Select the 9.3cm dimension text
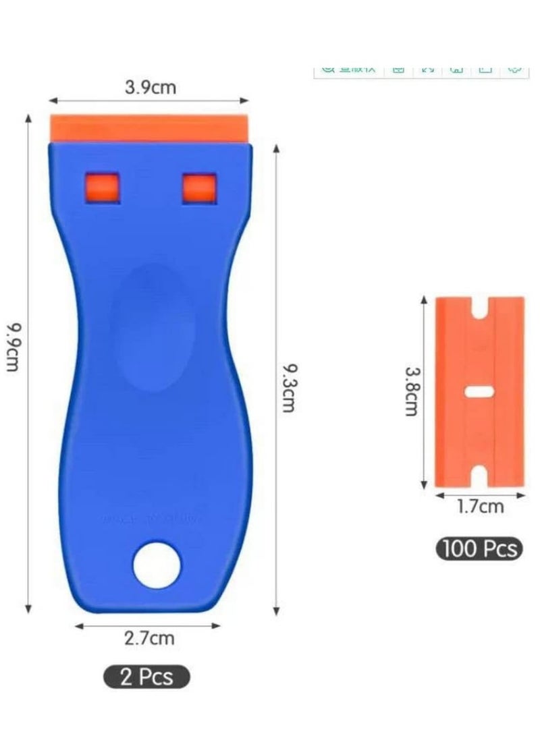[x=289, y=388]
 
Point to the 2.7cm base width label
[x=148, y=638]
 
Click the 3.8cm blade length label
[x=411, y=391]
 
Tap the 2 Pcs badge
[x=146, y=676]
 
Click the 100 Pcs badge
[x=479, y=548]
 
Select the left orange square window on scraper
[x=102, y=187]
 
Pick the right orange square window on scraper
[x=200, y=188]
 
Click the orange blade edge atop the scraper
[x=151, y=128]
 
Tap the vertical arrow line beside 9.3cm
[x=275, y=378]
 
